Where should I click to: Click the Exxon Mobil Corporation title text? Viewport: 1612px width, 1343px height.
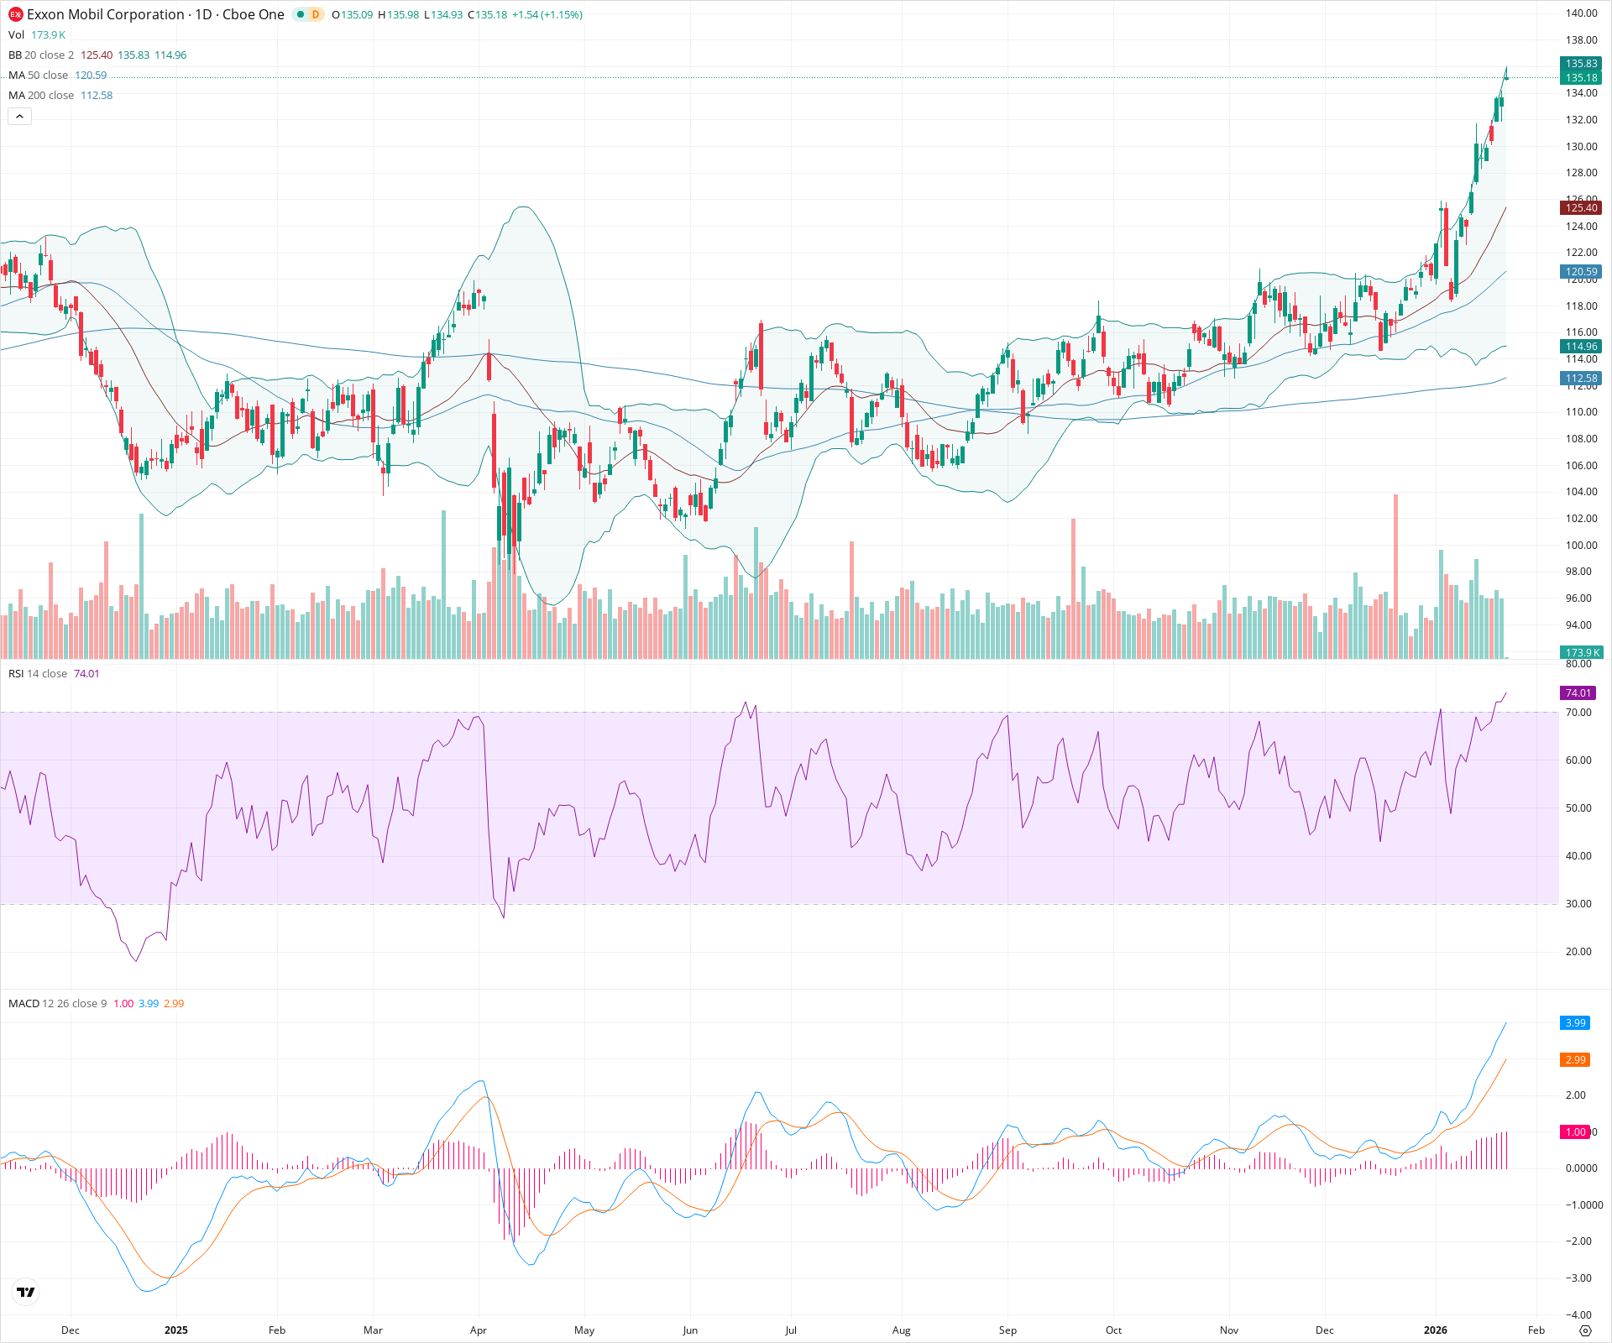105,14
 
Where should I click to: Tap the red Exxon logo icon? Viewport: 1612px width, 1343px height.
15,14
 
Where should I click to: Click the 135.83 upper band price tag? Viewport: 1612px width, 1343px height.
1581,64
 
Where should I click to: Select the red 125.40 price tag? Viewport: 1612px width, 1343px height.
1581,208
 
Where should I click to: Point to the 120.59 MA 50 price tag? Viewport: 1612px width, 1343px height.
1581,272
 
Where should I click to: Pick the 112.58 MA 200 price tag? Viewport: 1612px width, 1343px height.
1581,379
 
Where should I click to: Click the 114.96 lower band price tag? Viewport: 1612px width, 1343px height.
1581,347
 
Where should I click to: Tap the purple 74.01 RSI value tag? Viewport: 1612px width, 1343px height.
1578,693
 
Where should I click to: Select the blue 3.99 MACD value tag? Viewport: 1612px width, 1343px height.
1575,1023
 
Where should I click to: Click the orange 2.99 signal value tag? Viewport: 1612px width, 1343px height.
1575,1060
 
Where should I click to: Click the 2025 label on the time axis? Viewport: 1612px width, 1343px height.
175,1330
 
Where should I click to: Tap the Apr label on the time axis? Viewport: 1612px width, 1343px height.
479,1330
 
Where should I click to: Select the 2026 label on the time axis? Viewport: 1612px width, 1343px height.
1436,1330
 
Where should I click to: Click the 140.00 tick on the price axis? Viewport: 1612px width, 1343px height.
1581,13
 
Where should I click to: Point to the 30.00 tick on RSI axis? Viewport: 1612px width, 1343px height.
1578,904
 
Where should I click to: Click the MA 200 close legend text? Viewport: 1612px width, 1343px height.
41,96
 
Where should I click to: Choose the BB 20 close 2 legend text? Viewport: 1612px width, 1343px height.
41,55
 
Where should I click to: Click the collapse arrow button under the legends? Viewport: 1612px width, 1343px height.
19,117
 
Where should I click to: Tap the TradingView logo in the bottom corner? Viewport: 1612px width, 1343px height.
26,1292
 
